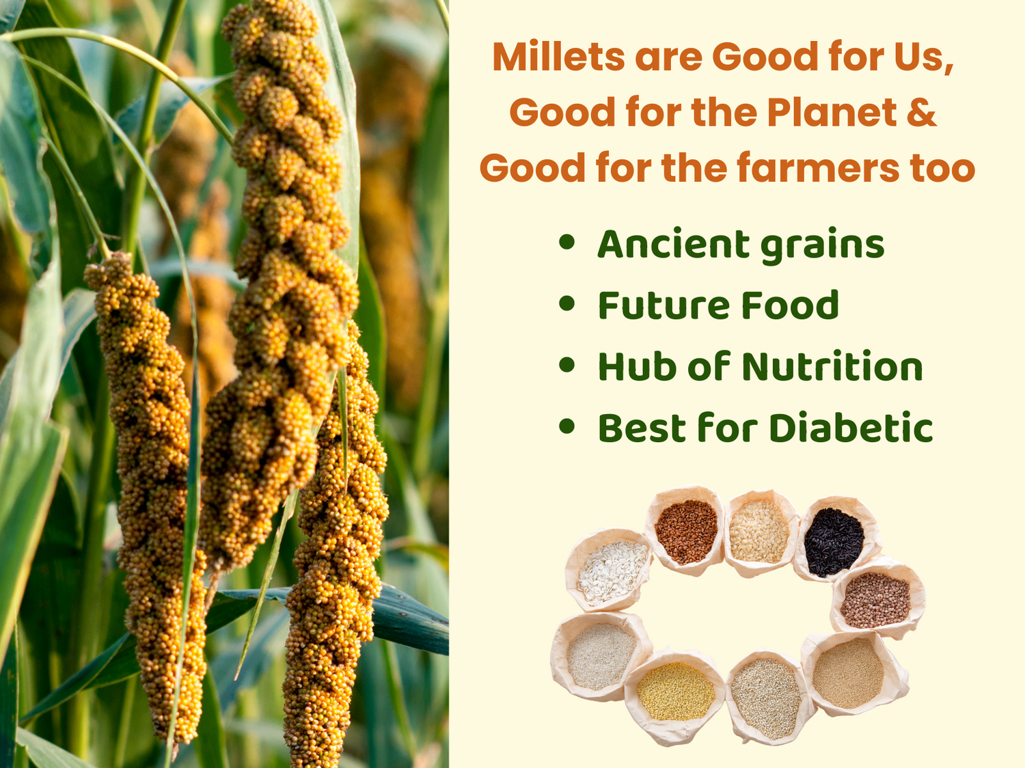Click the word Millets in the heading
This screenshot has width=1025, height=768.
[558, 57]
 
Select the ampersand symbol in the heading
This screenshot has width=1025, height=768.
[921, 112]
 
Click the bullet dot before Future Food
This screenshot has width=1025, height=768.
[567, 303]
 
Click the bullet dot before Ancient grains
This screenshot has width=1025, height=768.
[567, 242]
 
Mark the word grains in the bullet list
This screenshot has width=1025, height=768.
[823, 246]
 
